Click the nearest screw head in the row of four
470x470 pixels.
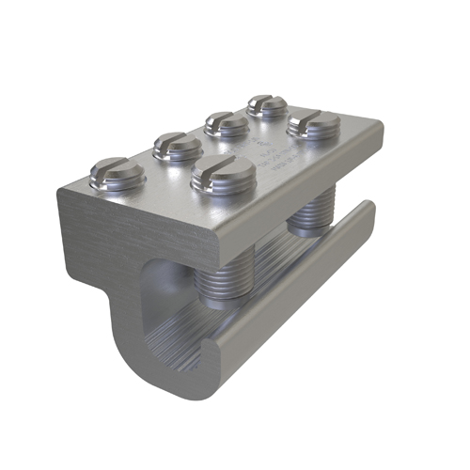tap(117, 173)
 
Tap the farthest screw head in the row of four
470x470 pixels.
tap(267, 105)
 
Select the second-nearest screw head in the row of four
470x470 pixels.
tap(178, 146)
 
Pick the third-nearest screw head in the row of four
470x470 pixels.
tap(227, 123)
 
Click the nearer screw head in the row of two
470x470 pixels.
tap(222, 173)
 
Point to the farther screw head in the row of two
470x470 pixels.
tap(312, 123)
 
